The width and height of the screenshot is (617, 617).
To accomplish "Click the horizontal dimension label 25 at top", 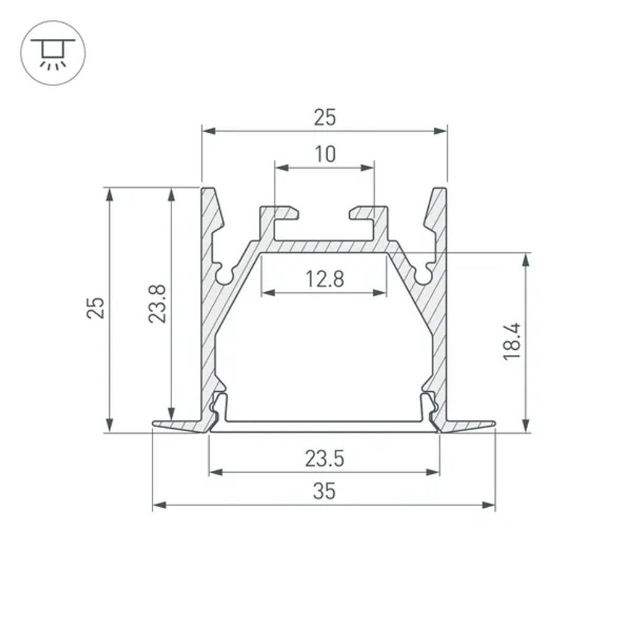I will click(325, 117).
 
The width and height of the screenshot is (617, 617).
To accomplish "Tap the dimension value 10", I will click(325, 154).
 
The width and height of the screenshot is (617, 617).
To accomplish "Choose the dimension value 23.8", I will click(157, 304).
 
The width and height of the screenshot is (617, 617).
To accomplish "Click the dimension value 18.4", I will click(512, 341).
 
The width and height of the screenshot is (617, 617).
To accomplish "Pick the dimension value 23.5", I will click(325, 459).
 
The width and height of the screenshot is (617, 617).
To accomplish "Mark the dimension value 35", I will click(325, 492).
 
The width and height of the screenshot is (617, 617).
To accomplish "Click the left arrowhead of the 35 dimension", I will click(158, 505).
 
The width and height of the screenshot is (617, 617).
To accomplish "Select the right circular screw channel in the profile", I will click(424, 275).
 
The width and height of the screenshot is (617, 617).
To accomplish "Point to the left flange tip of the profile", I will click(155, 424).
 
